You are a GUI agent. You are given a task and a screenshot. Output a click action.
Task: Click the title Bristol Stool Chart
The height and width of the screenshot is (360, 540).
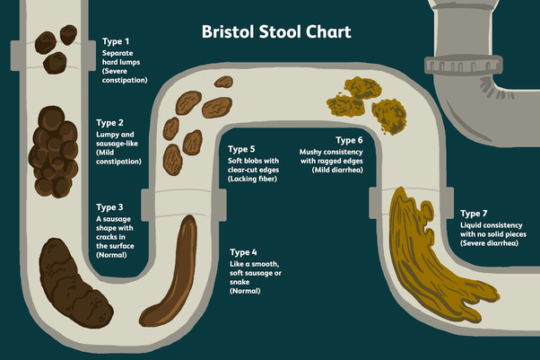[x=276, y=31]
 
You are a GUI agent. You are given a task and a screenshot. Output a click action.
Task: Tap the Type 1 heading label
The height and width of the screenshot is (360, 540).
[x=116, y=41]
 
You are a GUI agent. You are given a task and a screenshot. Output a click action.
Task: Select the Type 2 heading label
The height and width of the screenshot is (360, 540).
[x=109, y=123]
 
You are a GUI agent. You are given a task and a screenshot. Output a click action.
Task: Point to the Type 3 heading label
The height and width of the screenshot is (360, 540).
[x=109, y=207]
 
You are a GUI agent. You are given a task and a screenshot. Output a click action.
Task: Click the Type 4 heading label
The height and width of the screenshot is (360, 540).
[x=243, y=252]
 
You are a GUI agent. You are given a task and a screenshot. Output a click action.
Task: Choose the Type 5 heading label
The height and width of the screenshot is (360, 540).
[x=241, y=149]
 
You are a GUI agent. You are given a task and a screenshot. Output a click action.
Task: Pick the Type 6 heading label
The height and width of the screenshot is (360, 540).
[x=349, y=140]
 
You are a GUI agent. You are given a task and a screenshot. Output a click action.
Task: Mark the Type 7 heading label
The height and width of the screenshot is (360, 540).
[x=474, y=214]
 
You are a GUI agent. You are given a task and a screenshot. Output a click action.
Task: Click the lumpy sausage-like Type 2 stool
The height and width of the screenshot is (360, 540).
[x=53, y=152]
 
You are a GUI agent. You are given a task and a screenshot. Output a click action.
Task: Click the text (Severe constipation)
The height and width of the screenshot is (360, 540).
[x=125, y=75]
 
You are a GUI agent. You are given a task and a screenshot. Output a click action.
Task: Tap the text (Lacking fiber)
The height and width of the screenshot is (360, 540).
[x=252, y=179]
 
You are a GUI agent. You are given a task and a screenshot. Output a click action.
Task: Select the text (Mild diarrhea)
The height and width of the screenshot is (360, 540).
[x=337, y=170]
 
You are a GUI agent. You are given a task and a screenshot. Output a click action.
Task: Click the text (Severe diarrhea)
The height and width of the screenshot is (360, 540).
[x=490, y=243]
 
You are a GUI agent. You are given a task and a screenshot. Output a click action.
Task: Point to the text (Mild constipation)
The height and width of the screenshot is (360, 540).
[x=118, y=157]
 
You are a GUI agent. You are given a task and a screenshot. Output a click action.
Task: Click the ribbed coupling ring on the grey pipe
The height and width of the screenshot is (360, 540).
[x=463, y=65]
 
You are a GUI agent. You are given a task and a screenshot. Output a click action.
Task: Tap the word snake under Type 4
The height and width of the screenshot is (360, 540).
[x=240, y=282]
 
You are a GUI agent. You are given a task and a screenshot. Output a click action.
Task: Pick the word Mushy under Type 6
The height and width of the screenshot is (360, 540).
[x=310, y=153]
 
